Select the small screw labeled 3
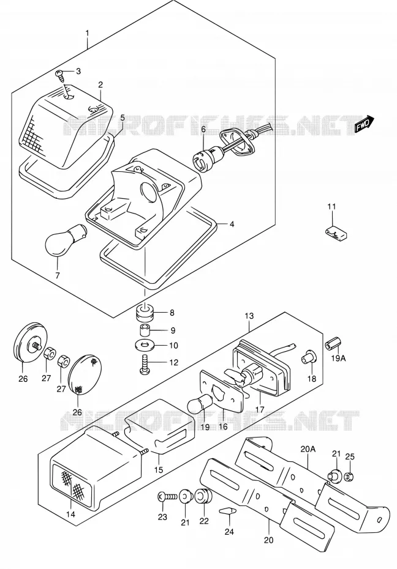60,75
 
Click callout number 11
331,207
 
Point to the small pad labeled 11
336,233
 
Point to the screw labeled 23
167,497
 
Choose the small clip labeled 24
227,511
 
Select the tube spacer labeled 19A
333,343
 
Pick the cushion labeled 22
204,496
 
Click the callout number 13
249,316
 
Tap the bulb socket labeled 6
203,159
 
